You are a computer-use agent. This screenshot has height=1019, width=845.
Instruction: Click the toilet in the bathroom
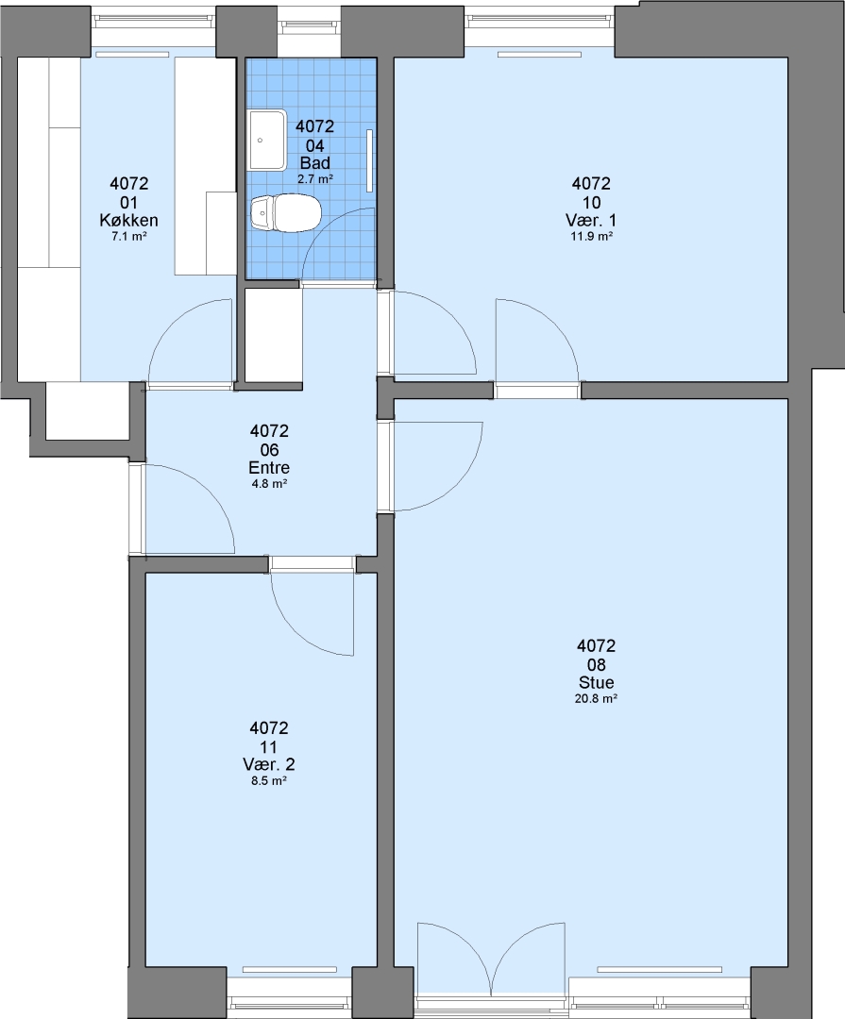click(285, 212)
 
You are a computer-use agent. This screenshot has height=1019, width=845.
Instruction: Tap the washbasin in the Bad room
click(266, 140)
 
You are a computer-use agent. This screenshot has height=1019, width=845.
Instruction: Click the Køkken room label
click(128, 220)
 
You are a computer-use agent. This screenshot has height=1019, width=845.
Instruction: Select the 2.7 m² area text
click(315, 178)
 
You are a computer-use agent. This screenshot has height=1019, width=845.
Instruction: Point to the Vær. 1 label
click(591, 220)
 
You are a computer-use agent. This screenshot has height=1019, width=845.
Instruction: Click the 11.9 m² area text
click(591, 237)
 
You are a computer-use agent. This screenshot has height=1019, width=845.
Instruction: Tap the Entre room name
click(269, 467)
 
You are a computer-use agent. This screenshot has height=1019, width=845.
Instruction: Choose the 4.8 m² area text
click(269, 483)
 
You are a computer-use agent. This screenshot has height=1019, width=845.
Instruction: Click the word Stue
click(596, 682)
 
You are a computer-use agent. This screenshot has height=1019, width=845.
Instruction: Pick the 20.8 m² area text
click(596, 698)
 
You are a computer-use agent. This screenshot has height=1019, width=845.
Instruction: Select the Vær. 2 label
click(269, 764)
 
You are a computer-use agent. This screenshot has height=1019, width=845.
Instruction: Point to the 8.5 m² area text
click(269, 780)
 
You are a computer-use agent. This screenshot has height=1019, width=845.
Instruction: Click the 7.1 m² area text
click(128, 237)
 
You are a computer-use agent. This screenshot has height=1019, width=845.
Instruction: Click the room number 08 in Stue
click(596, 664)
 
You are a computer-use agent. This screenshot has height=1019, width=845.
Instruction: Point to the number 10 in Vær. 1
click(591, 202)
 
